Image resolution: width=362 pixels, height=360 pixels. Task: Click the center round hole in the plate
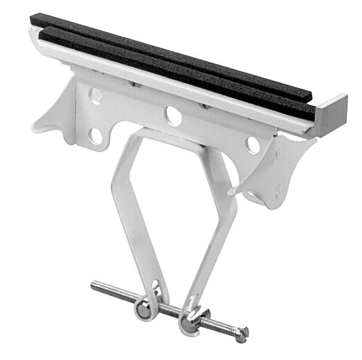pos(174,116)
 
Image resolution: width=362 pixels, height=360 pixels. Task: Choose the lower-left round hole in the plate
pos(95,136)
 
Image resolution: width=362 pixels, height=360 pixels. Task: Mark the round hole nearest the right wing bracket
pos(253,145)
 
